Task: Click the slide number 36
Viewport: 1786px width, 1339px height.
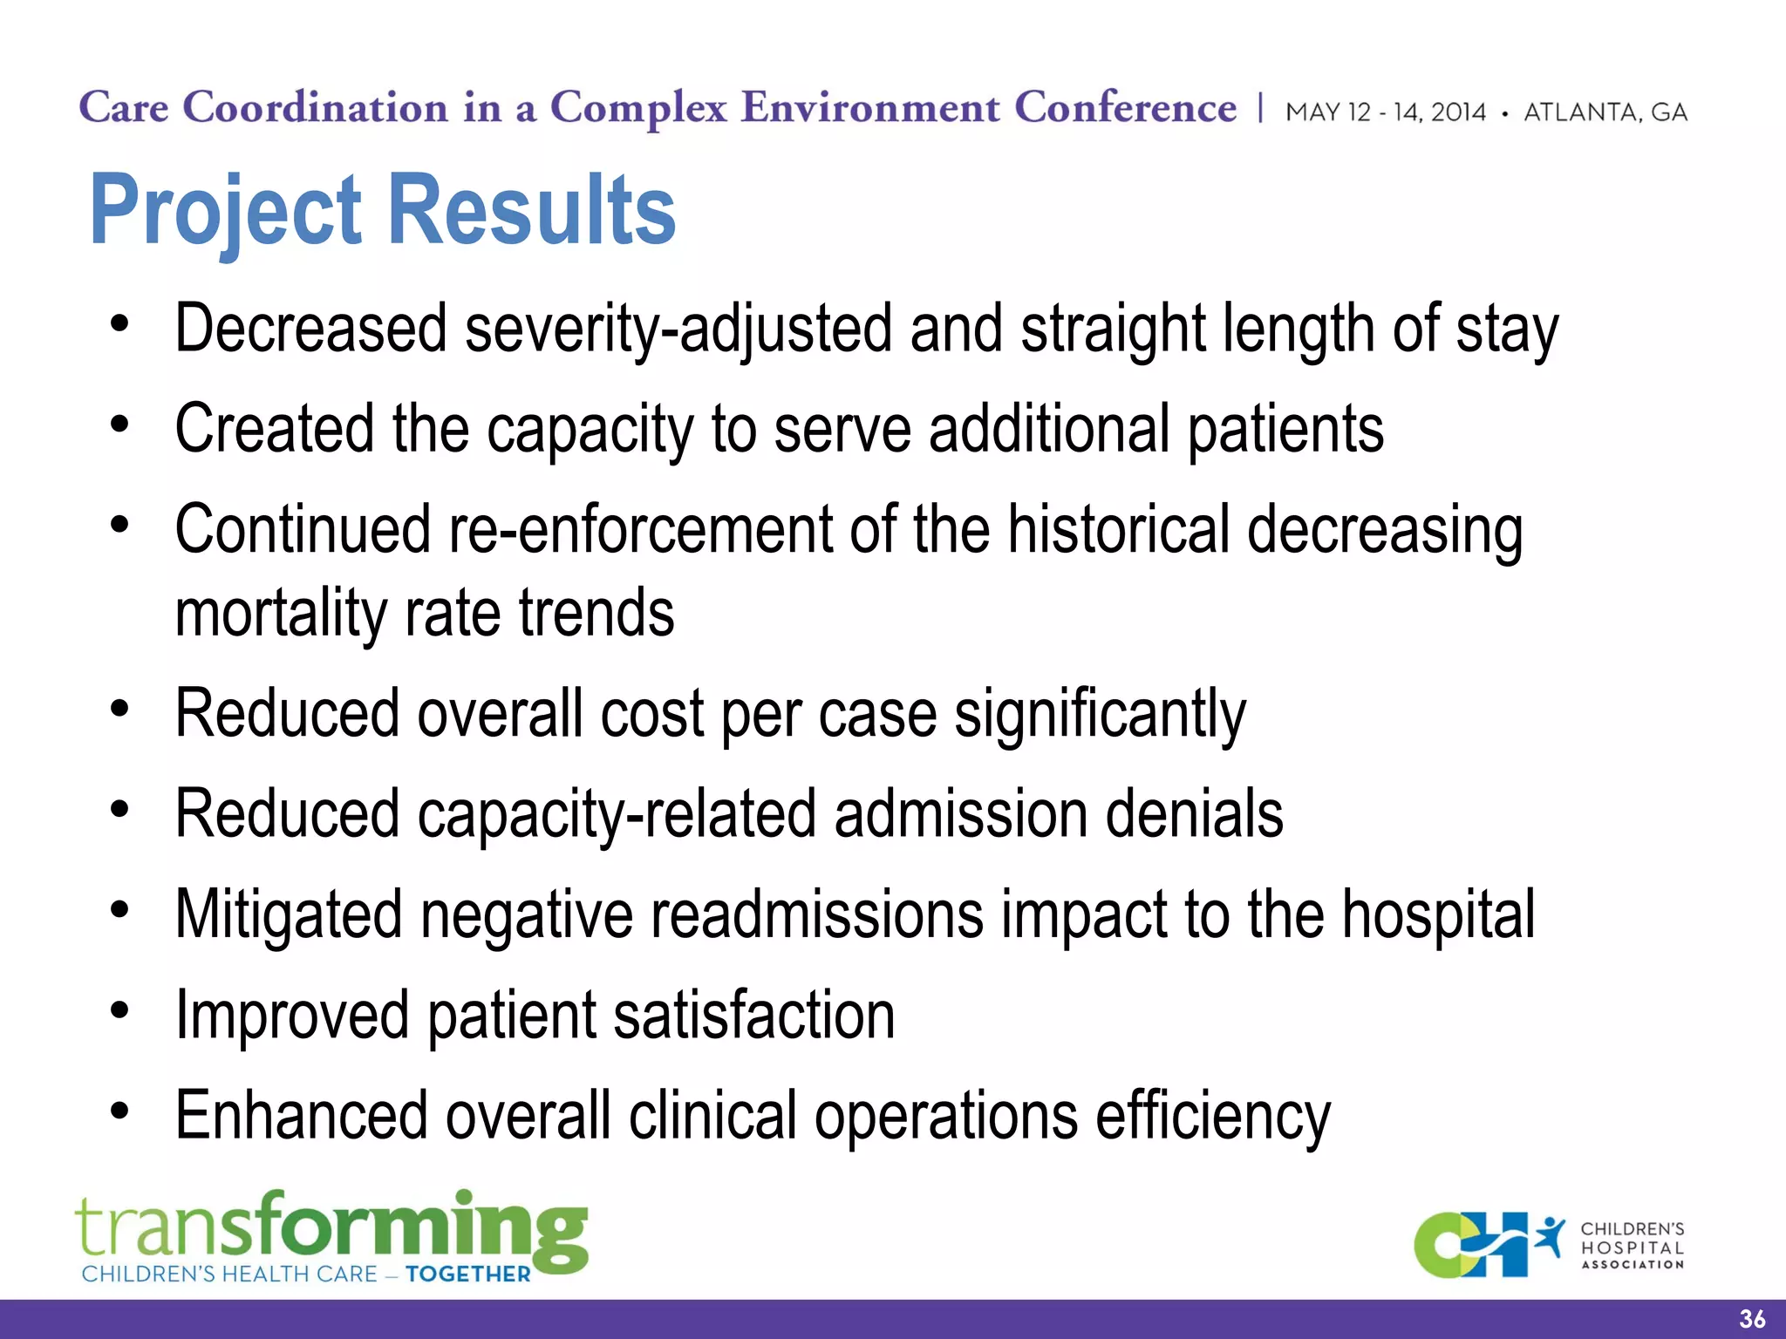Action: pos(1751,1319)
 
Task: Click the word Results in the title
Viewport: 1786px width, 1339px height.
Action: pos(531,210)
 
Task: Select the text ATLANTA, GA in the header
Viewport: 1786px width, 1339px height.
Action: pos(1605,112)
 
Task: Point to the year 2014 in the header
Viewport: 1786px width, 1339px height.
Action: pos(1458,112)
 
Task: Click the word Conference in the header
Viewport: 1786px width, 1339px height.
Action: pos(1125,108)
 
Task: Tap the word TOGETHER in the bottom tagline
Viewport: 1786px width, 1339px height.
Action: pos(468,1274)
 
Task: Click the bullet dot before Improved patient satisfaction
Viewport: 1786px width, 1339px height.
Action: pos(120,1011)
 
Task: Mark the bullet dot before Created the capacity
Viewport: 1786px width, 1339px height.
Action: pos(120,425)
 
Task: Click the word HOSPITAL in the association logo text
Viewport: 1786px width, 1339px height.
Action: pos(1632,1247)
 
